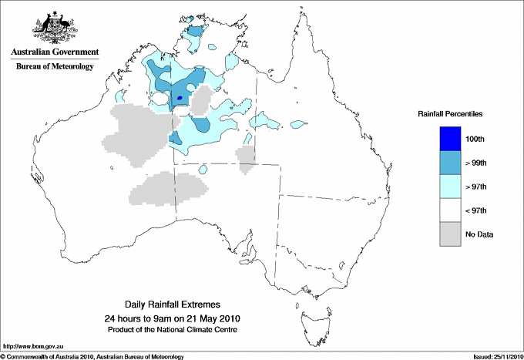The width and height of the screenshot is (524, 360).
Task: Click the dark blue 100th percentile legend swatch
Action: pos(449,139)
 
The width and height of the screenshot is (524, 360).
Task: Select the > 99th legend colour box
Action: pos(449,163)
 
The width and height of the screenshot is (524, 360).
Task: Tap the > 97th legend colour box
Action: pos(449,187)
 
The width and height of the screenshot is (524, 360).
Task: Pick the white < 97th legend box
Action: pos(449,210)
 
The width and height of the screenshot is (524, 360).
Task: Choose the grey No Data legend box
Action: pos(449,234)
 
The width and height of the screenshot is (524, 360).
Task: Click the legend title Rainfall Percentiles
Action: pos(450,113)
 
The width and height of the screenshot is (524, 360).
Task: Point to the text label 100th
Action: pos(475,139)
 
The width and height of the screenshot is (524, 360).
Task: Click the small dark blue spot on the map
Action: pos(180,98)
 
